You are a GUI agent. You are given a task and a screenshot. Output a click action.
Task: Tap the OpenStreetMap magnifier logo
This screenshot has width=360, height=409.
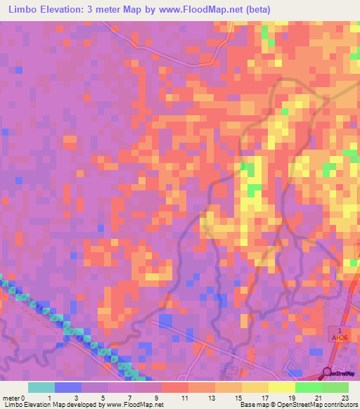click(x=328, y=372)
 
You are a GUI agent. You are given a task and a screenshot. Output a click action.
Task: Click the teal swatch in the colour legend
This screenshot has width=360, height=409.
click(x=41, y=387)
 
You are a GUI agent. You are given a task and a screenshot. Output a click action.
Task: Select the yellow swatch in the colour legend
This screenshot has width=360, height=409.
click(x=281, y=387)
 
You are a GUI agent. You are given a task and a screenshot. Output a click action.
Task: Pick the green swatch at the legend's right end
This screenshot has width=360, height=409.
click(x=335, y=387)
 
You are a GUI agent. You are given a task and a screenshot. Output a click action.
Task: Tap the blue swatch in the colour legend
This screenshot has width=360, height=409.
click(x=68, y=387)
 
